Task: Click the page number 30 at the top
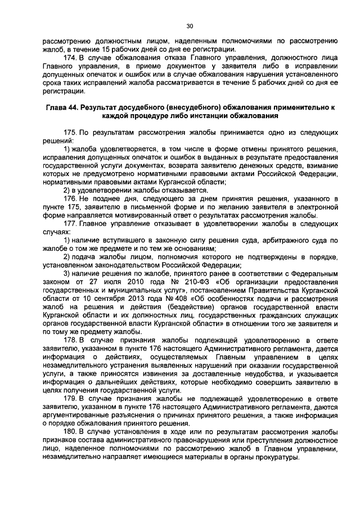pos(190,25)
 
